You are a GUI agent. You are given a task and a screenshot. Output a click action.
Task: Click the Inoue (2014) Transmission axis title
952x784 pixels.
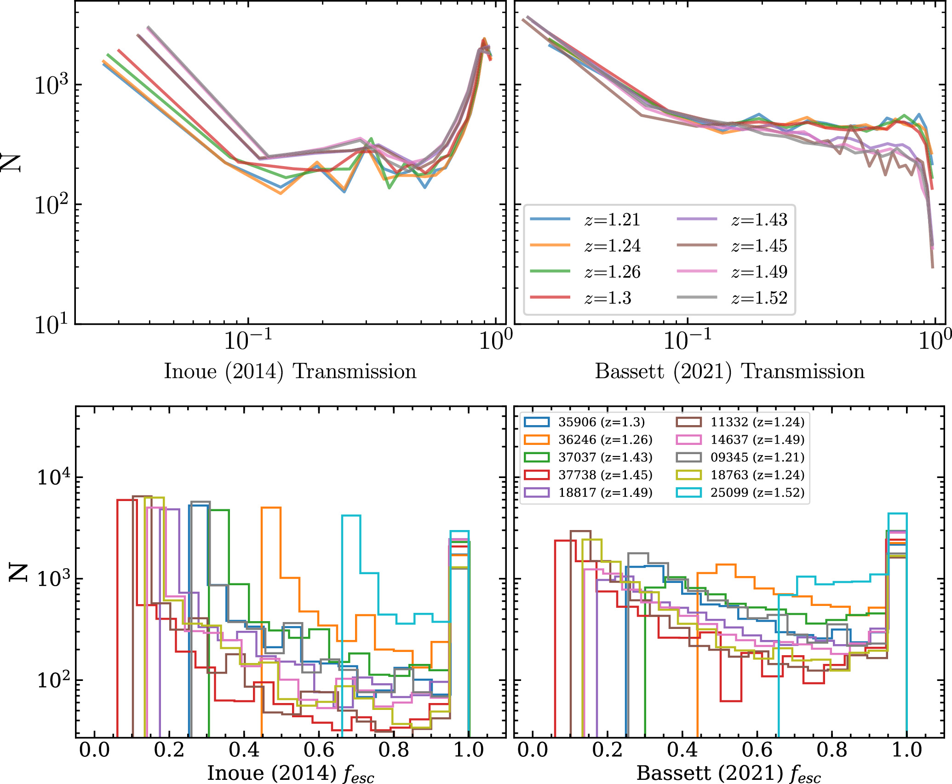(x=290, y=371)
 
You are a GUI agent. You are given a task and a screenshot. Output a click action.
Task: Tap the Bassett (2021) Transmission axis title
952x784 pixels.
(x=730, y=371)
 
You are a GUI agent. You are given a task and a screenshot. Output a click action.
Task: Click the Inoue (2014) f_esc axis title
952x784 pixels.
(x=290, y=773)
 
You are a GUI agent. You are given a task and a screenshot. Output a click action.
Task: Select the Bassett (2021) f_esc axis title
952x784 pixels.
(x=728, y=773)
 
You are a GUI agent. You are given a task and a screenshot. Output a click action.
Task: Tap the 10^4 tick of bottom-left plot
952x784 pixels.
(x=53, y=478)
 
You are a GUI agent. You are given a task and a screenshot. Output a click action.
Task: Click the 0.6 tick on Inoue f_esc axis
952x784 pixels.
(x=319, y=750)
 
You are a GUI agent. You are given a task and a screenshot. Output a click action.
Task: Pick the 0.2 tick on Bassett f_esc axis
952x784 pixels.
(x=607, y=750)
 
